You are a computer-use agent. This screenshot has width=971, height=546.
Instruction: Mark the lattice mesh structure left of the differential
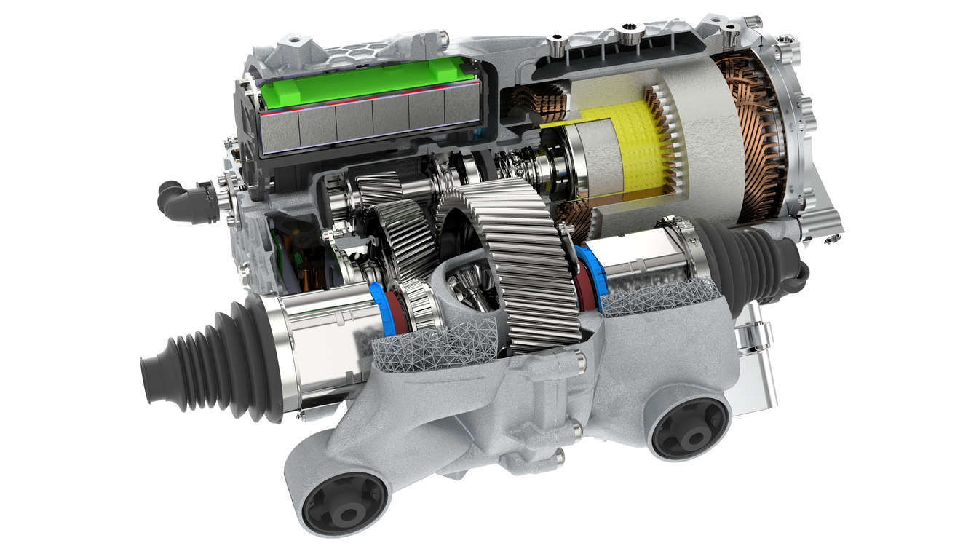pos(429,342)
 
